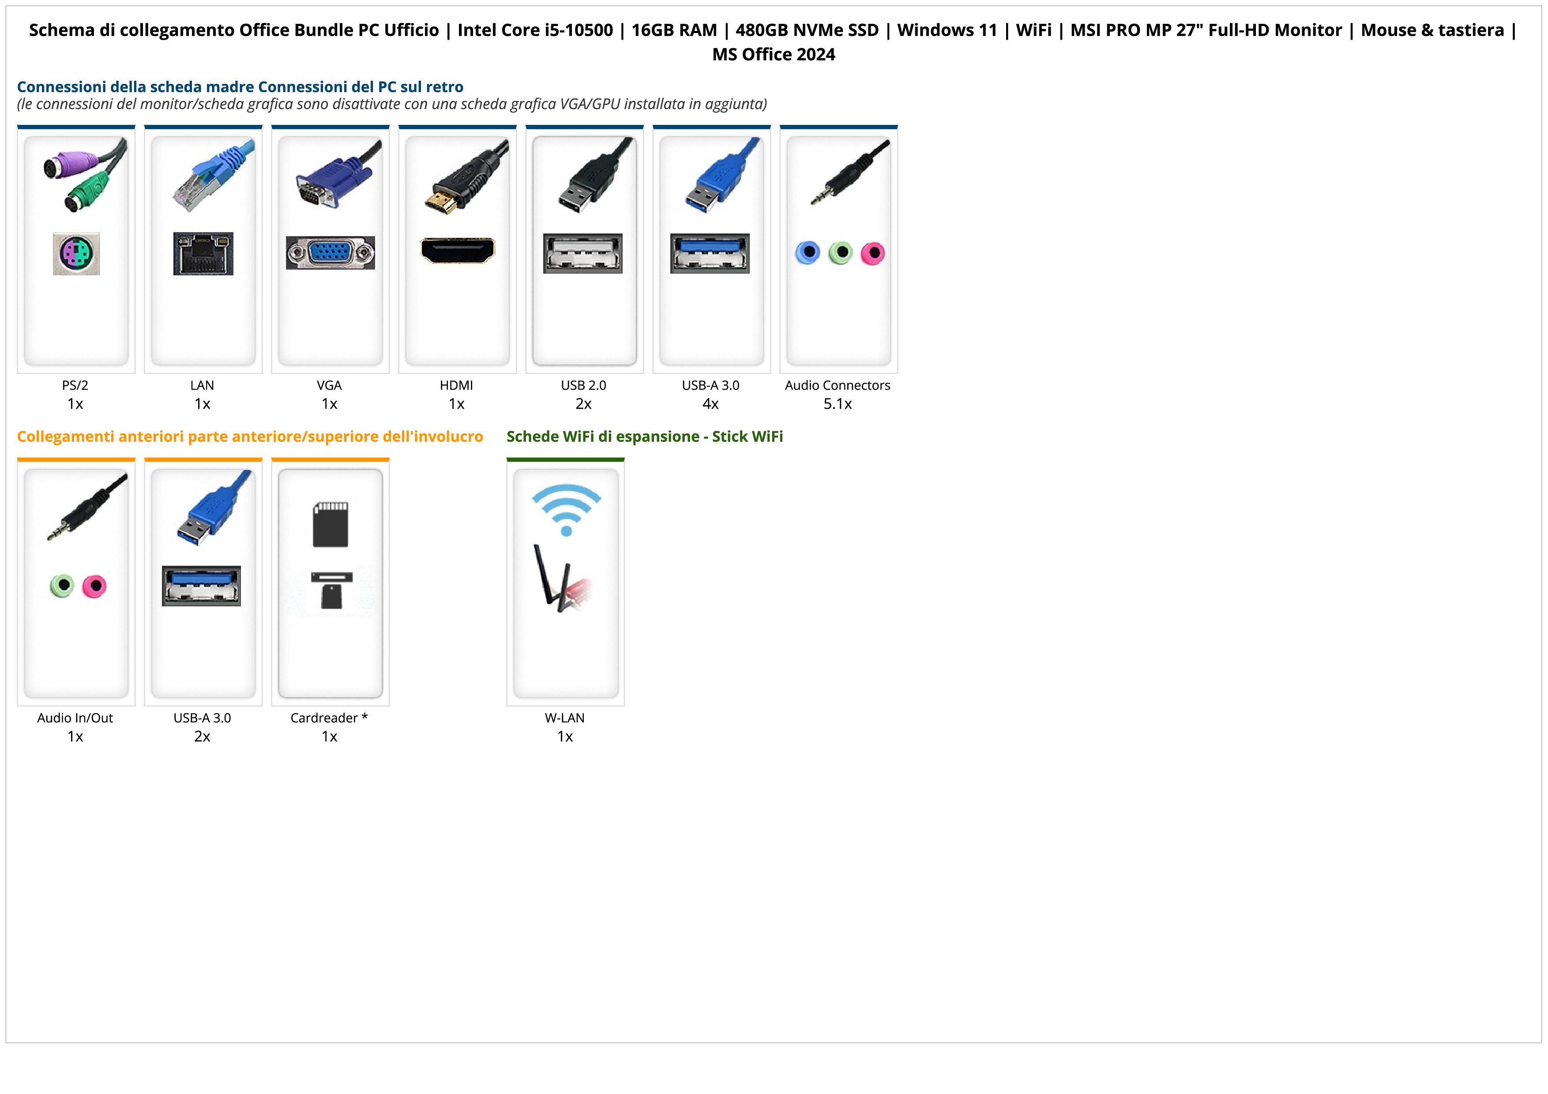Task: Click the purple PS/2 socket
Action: point(76,253)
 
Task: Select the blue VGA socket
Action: point(331,253)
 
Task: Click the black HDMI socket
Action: point(457,251)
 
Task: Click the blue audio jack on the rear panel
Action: point(808,253)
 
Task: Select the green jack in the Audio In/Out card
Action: point(62,585)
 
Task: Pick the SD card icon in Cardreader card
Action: point(331,524)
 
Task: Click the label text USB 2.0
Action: point(583,386)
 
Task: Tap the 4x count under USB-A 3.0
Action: point(710,404)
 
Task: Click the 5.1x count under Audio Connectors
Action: point(838,404)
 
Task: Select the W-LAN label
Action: point(565,718)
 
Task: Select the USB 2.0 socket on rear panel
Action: point(583,253)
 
